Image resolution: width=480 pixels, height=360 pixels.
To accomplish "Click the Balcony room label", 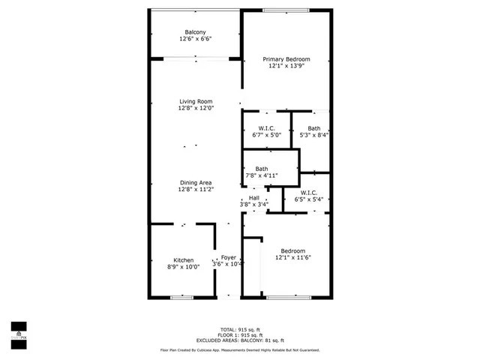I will coord(196,31).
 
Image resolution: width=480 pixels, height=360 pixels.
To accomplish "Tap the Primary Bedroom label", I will coord(286,59).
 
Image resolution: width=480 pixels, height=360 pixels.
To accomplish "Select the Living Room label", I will coord(196,101).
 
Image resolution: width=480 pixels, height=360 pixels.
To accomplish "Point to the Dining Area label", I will coord(196,183).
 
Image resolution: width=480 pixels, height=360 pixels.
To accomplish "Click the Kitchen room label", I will coord(184,260).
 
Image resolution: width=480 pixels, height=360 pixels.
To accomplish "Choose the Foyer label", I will coord(228,258).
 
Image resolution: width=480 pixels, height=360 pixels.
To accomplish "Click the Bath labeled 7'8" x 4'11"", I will coord(262,169).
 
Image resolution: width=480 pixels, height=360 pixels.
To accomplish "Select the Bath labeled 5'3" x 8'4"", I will coord(313,128).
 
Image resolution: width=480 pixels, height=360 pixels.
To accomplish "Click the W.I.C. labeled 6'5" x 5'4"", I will coord(309,193).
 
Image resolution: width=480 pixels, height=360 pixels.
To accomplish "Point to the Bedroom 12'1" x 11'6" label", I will coord(292,250).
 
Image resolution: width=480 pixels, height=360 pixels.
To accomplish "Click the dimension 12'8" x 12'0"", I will coord(196,109).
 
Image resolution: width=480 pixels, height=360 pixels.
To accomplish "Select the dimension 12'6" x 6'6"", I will coord(196,39).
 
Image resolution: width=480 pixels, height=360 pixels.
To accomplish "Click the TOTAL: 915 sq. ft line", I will coord(240,328).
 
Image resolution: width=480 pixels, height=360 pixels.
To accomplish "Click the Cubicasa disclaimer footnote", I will coord(240,350).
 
